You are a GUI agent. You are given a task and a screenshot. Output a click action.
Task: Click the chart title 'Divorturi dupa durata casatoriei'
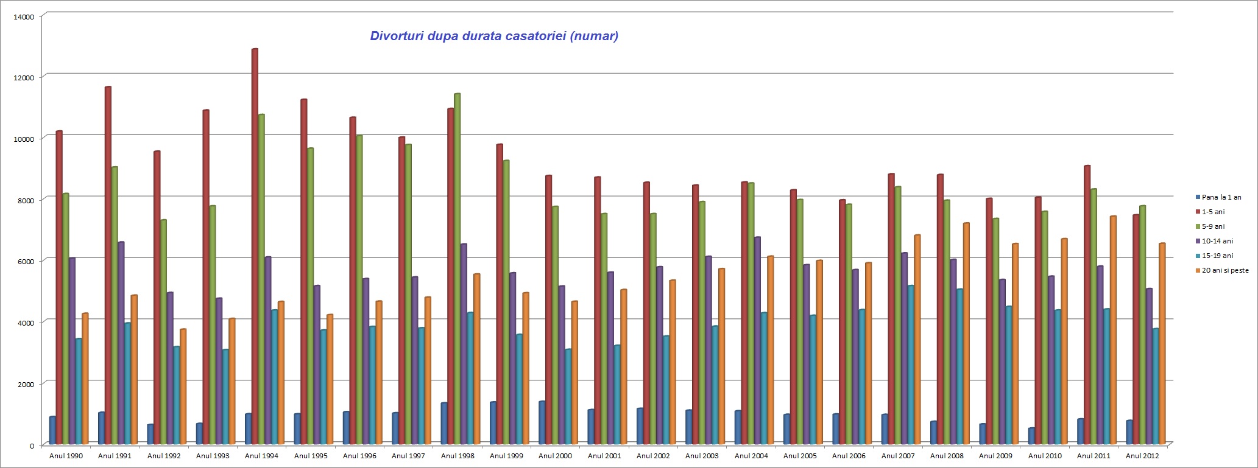(494, 36)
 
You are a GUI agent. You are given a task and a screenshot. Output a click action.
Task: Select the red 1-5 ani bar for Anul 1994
(255, 243)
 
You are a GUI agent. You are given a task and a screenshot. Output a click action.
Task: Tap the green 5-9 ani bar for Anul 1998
(457, 268)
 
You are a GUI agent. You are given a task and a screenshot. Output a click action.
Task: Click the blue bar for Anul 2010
(1031, 436)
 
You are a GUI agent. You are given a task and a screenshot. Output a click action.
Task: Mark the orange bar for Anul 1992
(183, 386)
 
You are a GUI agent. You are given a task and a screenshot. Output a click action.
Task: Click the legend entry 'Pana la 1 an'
(1221, 197)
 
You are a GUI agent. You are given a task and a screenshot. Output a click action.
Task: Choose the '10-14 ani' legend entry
(1217, 241)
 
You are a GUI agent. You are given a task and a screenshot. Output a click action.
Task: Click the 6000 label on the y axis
(26, 261)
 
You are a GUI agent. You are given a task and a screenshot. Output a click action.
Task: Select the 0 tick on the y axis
(32, 445)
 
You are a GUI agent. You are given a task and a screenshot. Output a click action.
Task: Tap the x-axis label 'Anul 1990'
(66, 456)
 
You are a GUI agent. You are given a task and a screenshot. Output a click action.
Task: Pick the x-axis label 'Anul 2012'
(1142, 456)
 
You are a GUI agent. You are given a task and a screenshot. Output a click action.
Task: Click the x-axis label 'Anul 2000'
(555, 456)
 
